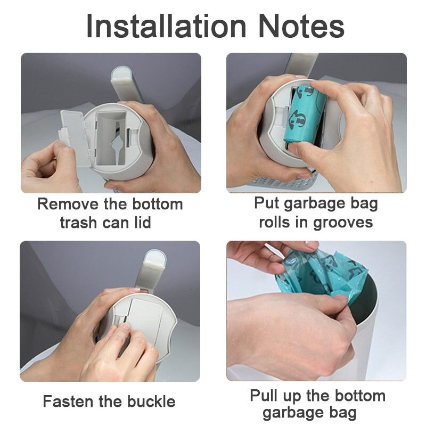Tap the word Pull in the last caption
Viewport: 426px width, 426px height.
click(x=265, y=396)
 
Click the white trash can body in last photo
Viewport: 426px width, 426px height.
click(x=367, y=341)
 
